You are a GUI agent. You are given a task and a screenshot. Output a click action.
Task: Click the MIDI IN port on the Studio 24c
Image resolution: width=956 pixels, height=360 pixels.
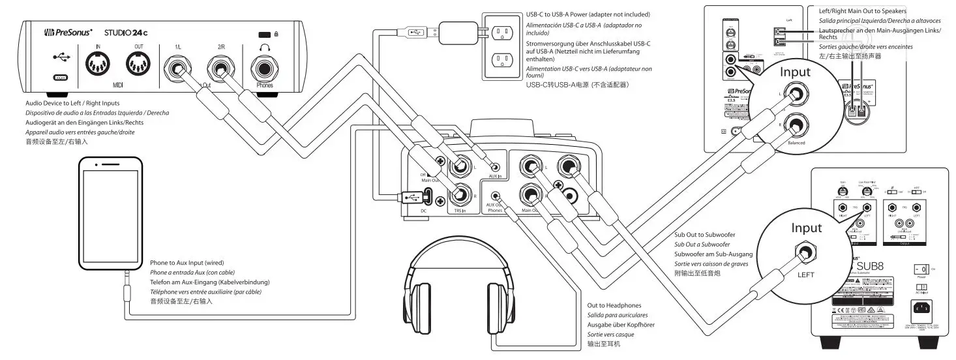[98, 65]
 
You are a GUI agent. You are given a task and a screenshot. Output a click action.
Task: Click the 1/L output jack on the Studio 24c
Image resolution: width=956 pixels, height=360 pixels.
[178, 67]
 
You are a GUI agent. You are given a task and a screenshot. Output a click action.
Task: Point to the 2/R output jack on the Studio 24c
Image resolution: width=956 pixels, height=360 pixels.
[220, 67]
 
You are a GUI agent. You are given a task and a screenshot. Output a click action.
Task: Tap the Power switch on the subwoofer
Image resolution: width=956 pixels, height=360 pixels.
[921, 269]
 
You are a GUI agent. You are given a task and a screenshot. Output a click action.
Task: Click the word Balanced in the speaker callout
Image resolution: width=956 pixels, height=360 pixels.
[796, 142]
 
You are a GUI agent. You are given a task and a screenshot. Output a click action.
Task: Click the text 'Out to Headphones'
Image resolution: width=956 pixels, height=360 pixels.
[614, 305]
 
